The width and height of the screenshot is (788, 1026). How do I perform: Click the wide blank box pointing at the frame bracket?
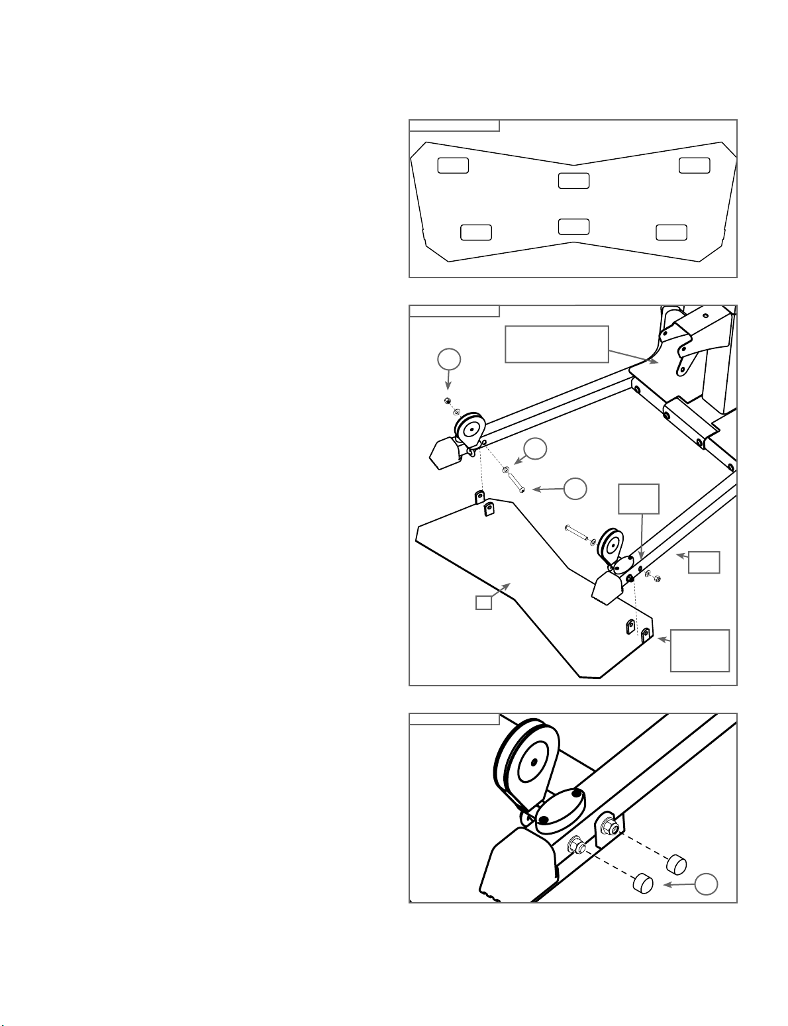coord(556,344)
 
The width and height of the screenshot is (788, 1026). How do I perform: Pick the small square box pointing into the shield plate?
coord(484,602)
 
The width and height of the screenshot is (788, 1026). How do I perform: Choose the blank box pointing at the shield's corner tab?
coord(700,650)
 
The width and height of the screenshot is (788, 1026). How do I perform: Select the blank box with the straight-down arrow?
coord(638,499)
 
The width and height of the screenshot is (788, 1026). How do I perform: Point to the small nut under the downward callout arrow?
coord(447,402)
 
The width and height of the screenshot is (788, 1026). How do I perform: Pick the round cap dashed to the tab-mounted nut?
coord(675,864)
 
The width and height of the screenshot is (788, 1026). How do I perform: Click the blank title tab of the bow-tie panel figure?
coord(454,126)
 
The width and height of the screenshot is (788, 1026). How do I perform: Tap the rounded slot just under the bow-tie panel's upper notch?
coord(573,180)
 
